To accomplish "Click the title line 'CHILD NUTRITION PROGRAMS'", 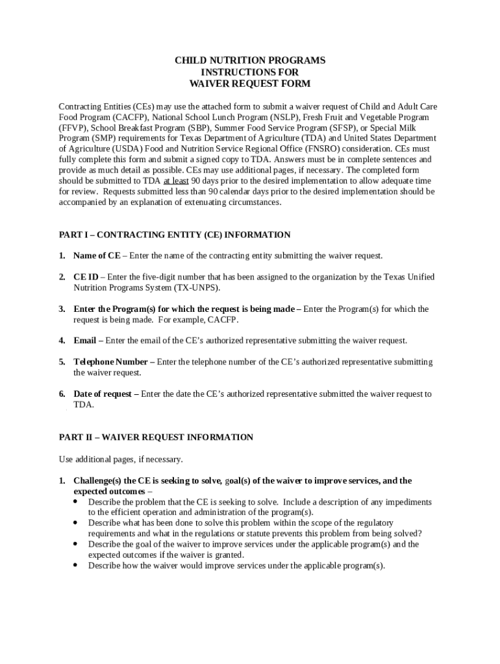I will pos(250,60).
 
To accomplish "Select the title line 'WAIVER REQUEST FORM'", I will pos(250,84).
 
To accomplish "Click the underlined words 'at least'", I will pos(177,181).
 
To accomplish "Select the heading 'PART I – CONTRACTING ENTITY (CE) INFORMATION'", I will pos(174,235).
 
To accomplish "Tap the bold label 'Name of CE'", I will pos(96,255).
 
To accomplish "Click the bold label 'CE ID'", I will pos(86,277).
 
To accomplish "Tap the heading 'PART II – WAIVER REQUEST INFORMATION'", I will pos(156,437).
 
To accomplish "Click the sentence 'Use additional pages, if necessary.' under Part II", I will pos(121,459).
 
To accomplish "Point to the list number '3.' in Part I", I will pos(62,309).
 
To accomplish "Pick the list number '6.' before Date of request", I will pos(62,394).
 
